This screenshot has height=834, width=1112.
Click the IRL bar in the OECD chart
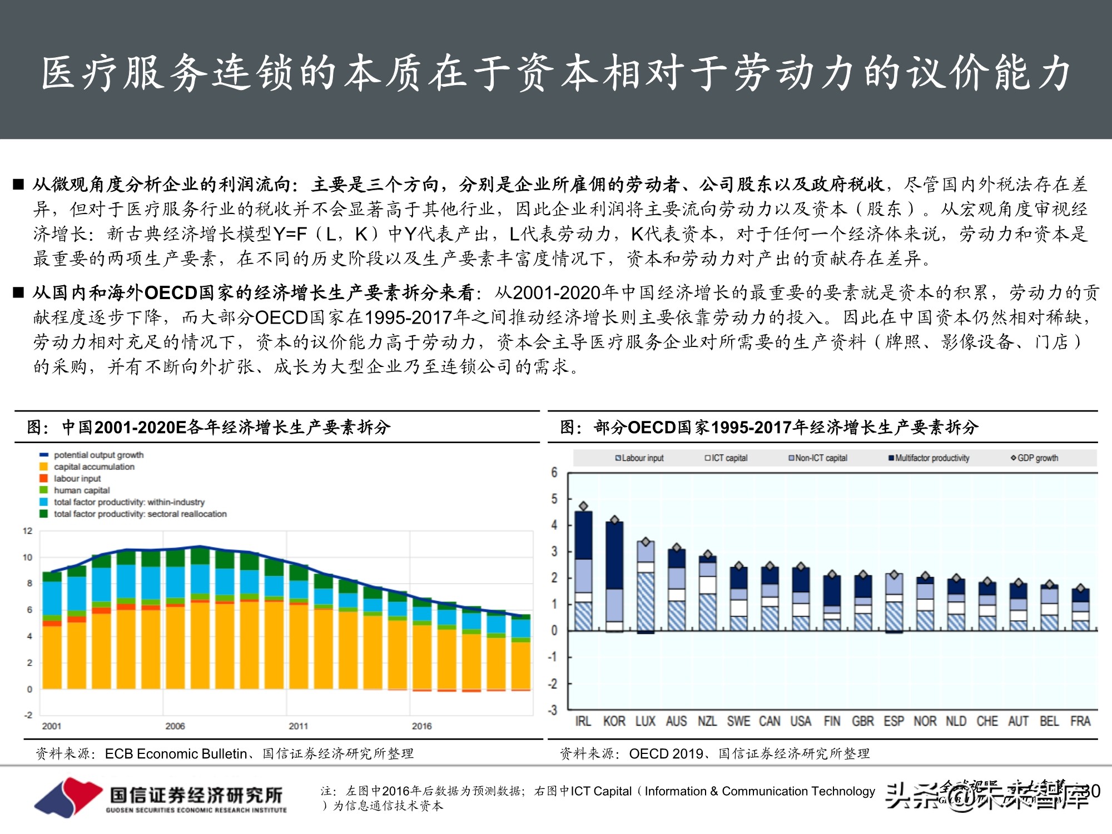pos(583,570)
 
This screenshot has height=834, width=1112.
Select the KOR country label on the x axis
pos(614,721)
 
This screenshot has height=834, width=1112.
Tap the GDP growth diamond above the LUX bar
pos(646,542)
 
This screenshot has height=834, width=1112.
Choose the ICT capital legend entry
pos(726,458)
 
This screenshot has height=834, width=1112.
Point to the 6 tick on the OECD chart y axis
pos(554,473)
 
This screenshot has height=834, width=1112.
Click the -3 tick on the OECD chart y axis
pos(552,710)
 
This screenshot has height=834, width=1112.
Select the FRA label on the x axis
pos(1080,721)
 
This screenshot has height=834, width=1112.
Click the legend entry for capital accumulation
pos(93,467)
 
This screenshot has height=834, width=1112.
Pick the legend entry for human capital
pos(81,490)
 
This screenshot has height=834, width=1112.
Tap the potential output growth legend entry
pos(98,455)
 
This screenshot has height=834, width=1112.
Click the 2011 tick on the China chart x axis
pos(299,726)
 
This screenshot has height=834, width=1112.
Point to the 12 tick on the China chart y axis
pos(28,531)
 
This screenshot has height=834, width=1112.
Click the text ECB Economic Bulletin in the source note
pos(176,754)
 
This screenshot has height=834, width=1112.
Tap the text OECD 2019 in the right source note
pos(666,754)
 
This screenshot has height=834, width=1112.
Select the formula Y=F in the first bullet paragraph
pos(290,234)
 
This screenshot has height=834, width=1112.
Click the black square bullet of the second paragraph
pos(19,292)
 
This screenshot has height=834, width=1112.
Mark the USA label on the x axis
pos(801,721)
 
